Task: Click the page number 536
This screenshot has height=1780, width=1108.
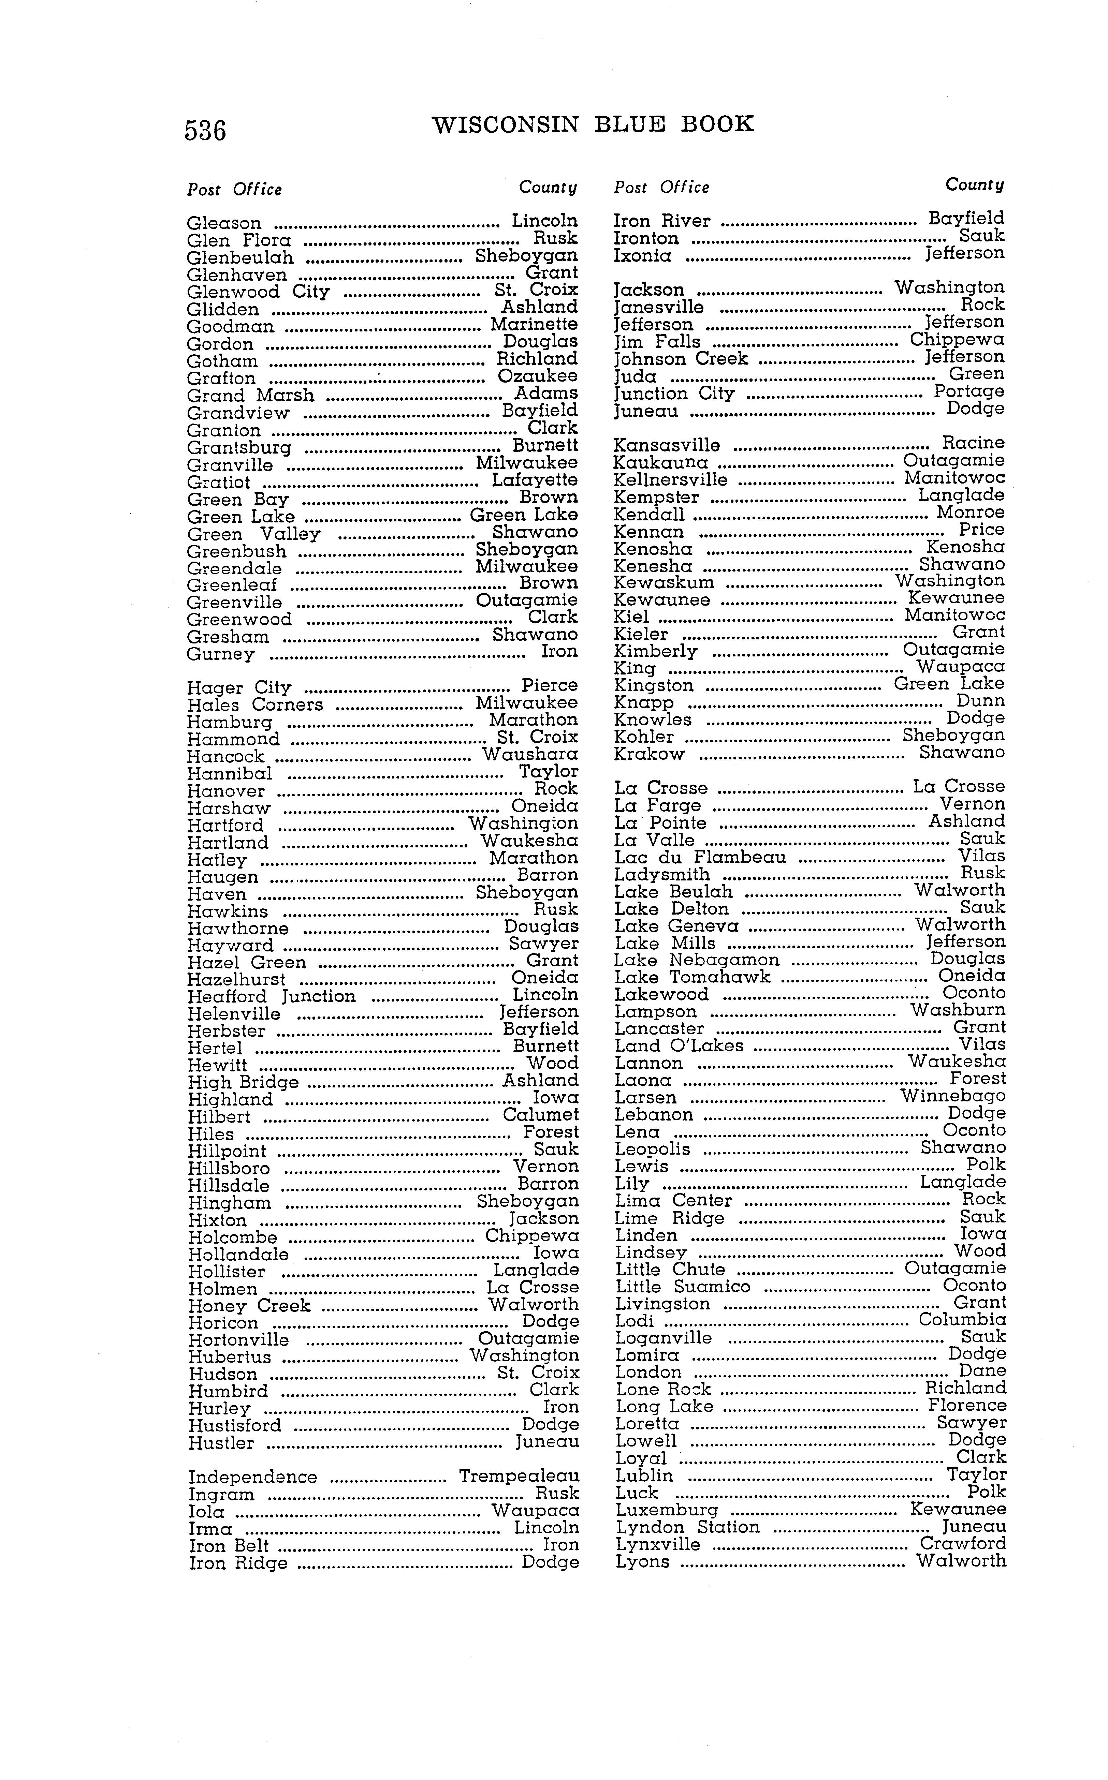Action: [x=205, y=130]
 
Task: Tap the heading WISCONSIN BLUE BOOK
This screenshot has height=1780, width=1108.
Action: [x=593, y=124]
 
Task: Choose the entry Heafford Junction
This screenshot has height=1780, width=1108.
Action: [x=271, y=996]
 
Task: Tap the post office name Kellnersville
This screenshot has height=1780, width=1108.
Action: [x=671, y=480]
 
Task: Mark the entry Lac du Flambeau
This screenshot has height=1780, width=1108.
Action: [x=700, y=857]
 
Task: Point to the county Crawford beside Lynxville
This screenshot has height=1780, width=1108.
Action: [x=963, y=1543]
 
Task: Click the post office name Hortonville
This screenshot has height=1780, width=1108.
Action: [x=238, y=1340]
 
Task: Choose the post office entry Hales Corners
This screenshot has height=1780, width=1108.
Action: [x=254, y=705]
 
